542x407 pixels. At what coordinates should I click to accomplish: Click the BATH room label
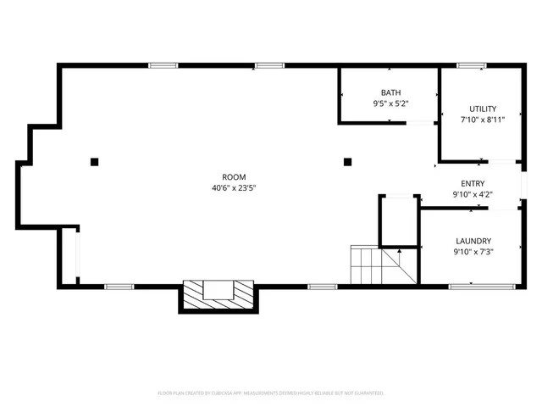pos(390,92)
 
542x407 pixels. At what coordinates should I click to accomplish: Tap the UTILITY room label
pos(483,109)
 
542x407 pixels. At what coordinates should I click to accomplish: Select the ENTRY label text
pos(473,183)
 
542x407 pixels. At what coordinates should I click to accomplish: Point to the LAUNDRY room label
pos(473,240)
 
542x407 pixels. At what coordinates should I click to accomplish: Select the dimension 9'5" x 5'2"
pos(390,103)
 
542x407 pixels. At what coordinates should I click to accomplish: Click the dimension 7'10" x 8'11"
pos(483,120)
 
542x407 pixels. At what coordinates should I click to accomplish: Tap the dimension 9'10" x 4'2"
pos(473,194)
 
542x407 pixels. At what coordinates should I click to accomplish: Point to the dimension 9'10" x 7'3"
pos(473,251)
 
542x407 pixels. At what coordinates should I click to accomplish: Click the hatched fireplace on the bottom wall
pos(218,295)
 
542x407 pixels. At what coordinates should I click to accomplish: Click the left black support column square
pos(95,161)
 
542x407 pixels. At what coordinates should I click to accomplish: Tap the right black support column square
pos(346,161)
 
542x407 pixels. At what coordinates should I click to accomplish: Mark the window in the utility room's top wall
pos(470,65)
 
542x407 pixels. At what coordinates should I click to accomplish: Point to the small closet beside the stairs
pos(398,221)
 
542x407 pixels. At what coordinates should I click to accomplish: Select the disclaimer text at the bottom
pos(271,393)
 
